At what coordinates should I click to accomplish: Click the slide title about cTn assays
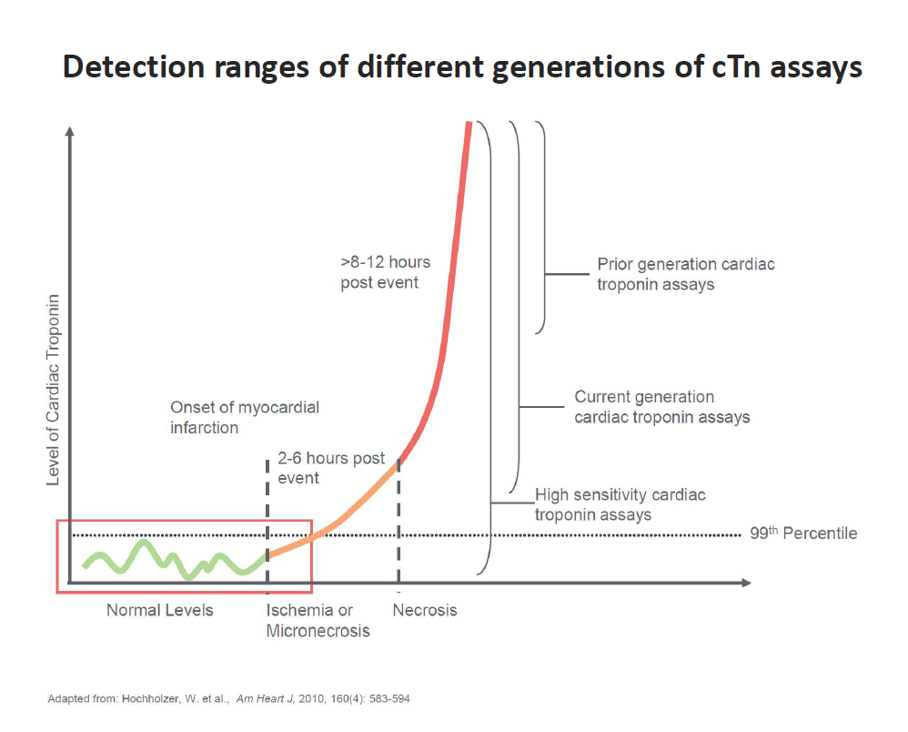[x=462, y=68]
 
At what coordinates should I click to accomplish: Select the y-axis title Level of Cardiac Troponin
[x=53, y=389]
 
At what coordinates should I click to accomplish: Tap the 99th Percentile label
[x=802, y=534]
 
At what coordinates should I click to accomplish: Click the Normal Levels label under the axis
[x=159, y=610]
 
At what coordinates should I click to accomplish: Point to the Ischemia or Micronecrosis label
[x=318, y=620]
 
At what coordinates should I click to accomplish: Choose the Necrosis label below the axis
[x=425, y=610]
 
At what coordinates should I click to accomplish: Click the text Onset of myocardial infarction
[x=245, y=417]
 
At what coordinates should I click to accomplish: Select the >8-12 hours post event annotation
[x=386, y=272]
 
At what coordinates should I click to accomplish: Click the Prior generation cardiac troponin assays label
[x=686, y=274]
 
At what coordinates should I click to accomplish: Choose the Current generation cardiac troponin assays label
[x=661, y=407]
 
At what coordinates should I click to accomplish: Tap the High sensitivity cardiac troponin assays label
[x=620, y=504]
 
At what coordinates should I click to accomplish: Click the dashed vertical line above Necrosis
[x=399, y=524]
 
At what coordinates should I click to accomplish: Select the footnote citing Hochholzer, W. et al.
[x=235, y=698]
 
